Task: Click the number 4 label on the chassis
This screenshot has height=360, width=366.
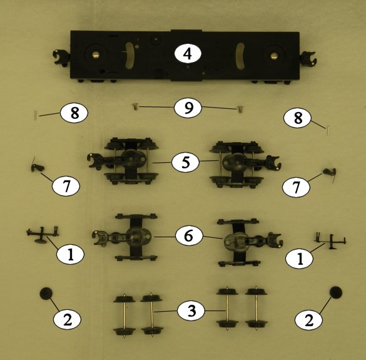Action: [x=188, y=54]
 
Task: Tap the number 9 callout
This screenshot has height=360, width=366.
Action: [x=188, y=108]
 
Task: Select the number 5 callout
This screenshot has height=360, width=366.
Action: [x=186, y=162]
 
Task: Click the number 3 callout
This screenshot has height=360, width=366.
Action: [x=191, y=311]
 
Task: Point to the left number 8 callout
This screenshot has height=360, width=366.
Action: [x=74, y=113]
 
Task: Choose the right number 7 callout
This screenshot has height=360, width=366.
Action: [x=296, y=187]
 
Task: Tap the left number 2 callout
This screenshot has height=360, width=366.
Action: [x=68, y=319]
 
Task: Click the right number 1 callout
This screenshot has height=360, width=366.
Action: [x=300, y=258]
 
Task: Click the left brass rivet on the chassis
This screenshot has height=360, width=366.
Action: [x=95, y=54]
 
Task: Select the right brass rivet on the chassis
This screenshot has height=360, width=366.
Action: [x=274, y=56]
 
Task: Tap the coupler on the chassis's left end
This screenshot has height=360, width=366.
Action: [x=61, y=57]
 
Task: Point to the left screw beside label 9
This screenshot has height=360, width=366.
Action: [x=135, y=107]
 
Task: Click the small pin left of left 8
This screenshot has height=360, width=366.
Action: [x=36, y=114]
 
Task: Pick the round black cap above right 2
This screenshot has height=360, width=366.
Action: [x=336, y=292]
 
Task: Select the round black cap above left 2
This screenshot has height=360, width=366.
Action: [x=46, y=294]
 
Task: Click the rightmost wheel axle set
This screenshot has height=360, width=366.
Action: [x=257, y=308]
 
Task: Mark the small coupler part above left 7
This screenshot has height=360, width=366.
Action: [x=37, y=167]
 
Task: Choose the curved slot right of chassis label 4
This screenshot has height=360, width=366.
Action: [x=240, y=56]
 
